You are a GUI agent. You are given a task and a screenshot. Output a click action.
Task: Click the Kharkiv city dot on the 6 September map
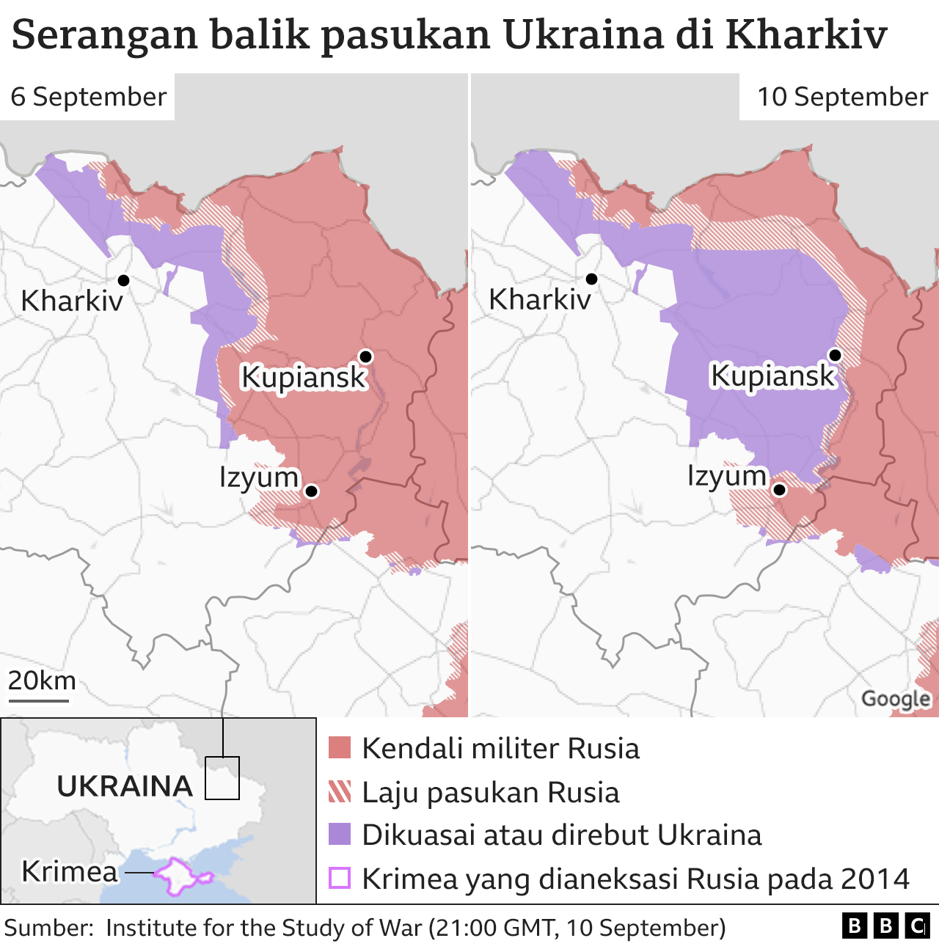tap(123, 280)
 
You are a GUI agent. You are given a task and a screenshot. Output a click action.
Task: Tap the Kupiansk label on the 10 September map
tap(772, 375)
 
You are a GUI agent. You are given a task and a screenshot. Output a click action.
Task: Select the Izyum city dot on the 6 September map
tap(311, 491)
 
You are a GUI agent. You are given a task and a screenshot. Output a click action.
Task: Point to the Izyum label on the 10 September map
tap(726, 476)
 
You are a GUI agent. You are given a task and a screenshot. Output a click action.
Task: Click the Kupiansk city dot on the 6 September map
tap(365, 356)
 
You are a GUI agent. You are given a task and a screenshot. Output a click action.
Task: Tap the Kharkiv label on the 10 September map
tap(539, 300)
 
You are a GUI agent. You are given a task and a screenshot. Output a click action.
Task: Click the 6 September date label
tap(88, 97)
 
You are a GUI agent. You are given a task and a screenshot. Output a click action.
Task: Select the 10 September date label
tap(842, 97)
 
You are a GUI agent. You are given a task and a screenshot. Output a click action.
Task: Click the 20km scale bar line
tap(38, 700)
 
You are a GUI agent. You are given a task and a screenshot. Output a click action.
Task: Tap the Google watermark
tap(896, 699)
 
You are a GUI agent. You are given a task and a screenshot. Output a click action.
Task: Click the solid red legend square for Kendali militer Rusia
tap(340, 748)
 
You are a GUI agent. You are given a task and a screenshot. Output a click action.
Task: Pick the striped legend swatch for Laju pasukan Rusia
tap(340, 792)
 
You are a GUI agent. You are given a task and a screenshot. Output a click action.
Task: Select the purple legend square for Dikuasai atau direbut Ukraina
tap(340, 835)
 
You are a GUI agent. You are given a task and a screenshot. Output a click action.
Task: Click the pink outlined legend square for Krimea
tap(340, 878)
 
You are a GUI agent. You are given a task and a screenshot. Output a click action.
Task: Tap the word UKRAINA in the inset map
tap(125, 786)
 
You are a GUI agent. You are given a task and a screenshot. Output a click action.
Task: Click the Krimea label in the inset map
tap(70, 871)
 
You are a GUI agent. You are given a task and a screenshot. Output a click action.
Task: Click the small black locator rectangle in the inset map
tap(222, 777)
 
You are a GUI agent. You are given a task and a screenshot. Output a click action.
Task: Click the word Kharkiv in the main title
tap(805, 34)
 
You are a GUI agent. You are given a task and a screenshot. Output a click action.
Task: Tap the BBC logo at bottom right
tap(885, 926)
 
